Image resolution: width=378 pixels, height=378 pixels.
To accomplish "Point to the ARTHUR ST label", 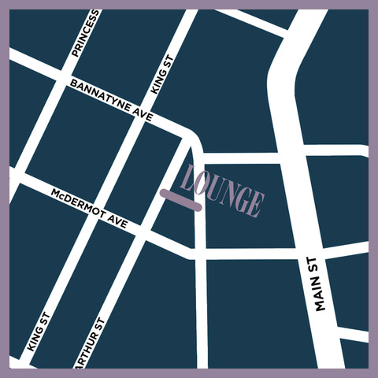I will tap(89, 345).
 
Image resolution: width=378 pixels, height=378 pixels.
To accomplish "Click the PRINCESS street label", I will tap(85, 34).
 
